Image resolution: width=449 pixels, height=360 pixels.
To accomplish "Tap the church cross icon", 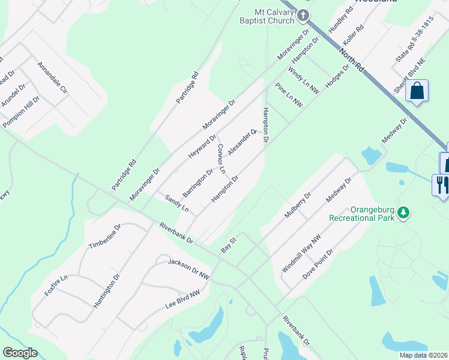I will tap(304, 15).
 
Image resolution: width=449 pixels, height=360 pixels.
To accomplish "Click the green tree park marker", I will tap(405, 212).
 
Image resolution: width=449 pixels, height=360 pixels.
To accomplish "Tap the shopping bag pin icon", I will tap(417, 92).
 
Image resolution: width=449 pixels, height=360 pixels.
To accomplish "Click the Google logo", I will tap(20, 353).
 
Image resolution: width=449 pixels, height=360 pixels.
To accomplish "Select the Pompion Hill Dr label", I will tap(22, 110).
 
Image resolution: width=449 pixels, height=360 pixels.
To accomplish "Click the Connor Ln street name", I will tap(221, 158).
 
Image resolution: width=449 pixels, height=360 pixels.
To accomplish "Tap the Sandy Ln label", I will tap(177, 204).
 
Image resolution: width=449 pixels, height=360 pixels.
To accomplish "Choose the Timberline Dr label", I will tap(104, 238).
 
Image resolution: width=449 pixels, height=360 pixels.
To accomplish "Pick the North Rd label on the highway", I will tap(351, 59).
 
